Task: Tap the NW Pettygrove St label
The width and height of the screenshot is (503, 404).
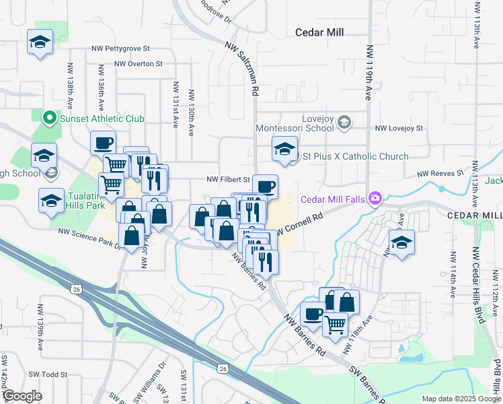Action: (121, 49)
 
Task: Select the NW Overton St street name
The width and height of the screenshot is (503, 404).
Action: (139, 64)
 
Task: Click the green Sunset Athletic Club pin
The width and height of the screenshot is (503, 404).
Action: (48, 119)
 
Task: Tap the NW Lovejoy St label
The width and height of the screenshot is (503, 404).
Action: (399, 128)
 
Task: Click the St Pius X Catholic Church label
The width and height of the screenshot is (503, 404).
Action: (355, 156)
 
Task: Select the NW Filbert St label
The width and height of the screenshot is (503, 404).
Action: (228, 180)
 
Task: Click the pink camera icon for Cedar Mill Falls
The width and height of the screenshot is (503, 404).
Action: (375, 198)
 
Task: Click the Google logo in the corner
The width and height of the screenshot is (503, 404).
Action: (22, 396)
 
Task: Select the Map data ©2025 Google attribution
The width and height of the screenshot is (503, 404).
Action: (461, 399)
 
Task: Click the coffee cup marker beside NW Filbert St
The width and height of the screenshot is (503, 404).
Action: (265, 187)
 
